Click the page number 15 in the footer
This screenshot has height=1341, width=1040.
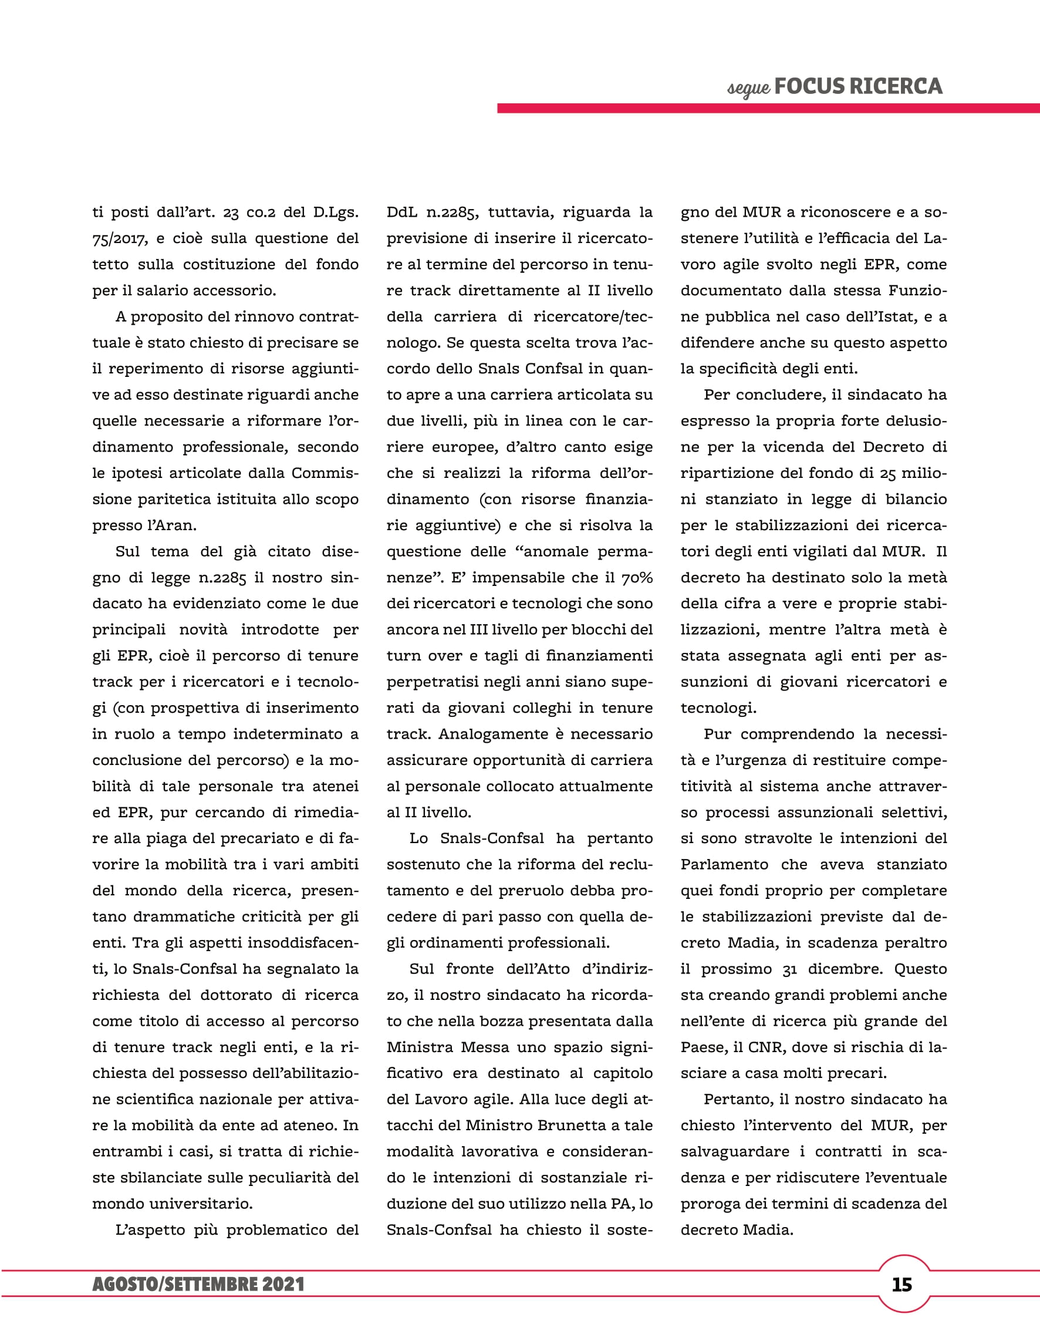click(902, 1285)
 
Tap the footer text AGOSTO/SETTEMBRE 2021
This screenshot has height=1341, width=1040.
click(198, 1285)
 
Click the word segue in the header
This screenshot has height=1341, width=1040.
click(748, 89)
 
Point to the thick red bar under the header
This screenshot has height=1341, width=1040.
click(768, 108)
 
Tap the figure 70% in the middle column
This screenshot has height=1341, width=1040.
click(636, 578)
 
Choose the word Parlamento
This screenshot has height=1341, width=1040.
click(724, 864)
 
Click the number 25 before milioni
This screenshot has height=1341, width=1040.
click(888, 473)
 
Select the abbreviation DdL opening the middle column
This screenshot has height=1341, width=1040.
click(403, 213)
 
